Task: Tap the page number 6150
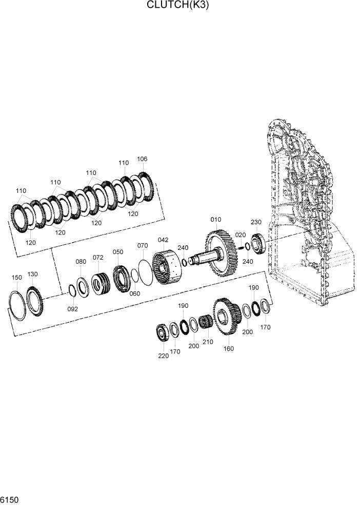[9, 499]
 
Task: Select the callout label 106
[142, 159]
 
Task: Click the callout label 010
[216, 220]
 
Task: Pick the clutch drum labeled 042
[166, 265]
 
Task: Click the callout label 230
[256, 222]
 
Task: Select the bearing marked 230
[258, 244]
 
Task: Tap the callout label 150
[17, 278]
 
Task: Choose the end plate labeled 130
[35, 303]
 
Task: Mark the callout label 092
[73, 309]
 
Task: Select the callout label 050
[118, 252]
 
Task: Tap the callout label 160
[229, 349]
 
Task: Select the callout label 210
[208, 342]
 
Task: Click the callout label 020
[240, 234]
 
